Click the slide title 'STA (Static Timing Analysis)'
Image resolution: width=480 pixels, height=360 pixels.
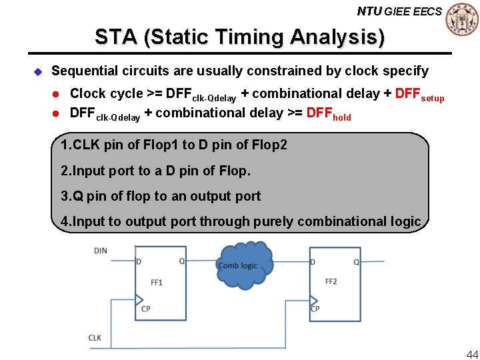pyautogui.click(x=239, y=37)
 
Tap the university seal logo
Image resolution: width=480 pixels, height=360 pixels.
pyautogui.click(x=462, y=19)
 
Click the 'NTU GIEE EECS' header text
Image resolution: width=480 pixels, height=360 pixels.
pyautogui.click(x=399, y=11)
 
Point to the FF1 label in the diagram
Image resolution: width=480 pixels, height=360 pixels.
pyautogui.click(x=157, y=283)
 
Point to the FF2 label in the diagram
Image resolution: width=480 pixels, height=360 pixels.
pyautogui.click(x=331, y=281)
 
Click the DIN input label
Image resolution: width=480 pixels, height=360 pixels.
pyautogui.click(x=100, y=251)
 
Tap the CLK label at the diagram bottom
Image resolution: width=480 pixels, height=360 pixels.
pyautogui.click(x=95, y=338)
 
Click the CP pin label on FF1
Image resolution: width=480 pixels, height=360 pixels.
pyautogui.click(x=145, y=309)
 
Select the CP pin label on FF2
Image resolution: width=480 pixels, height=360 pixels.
pyautogui.click(x=315, y=309)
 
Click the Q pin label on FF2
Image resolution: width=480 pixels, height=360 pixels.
pyautogui.click(x=356, y=262)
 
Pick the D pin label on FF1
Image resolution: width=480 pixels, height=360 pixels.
pyautogui.click(x=139, y=261)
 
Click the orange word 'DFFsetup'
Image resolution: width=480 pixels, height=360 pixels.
pyautogui.click(x=419, y=95)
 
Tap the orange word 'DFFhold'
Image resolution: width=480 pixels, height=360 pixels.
pyautogui.click(x=328, y=114)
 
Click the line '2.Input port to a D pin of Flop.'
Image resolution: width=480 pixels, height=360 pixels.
pyautogui.click(x=155, y=171)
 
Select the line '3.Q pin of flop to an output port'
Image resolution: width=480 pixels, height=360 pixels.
pyautogui.click(x=161, y=196)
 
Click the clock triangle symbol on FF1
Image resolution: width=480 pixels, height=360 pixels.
pyautogui.click(x=139, y=299)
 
